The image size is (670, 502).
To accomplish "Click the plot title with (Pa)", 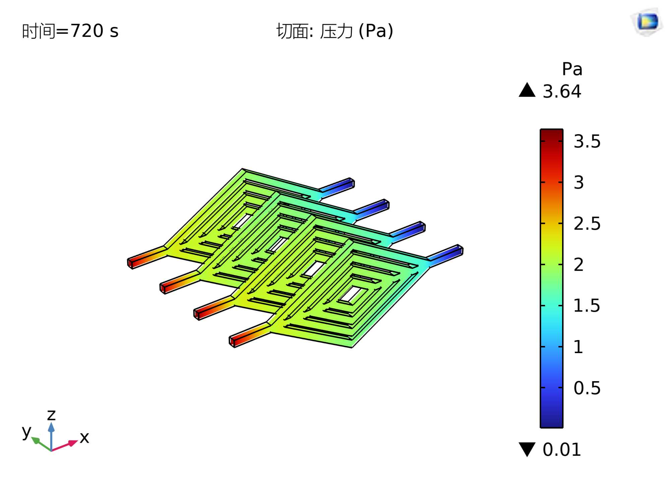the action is (335, 31).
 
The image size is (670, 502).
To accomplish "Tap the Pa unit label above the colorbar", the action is (572, 69).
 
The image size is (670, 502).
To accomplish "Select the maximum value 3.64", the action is (562, 91).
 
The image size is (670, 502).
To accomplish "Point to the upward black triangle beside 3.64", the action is (527, 90).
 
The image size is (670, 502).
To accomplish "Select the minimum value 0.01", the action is (562, 449).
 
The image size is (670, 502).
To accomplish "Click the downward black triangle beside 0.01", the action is (527, 449).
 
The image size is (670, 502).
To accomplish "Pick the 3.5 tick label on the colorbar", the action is (587, 141).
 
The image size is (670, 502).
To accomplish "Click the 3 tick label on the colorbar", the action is (579, 182).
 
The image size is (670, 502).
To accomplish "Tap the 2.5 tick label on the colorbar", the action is (587, 224).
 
